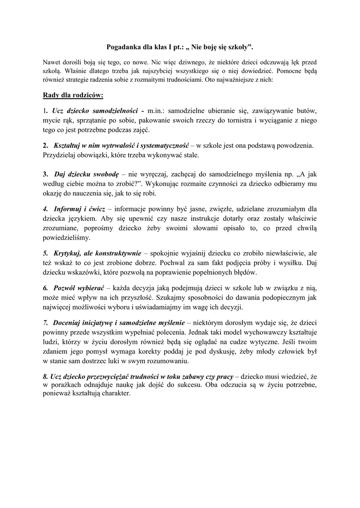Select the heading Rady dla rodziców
72,95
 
